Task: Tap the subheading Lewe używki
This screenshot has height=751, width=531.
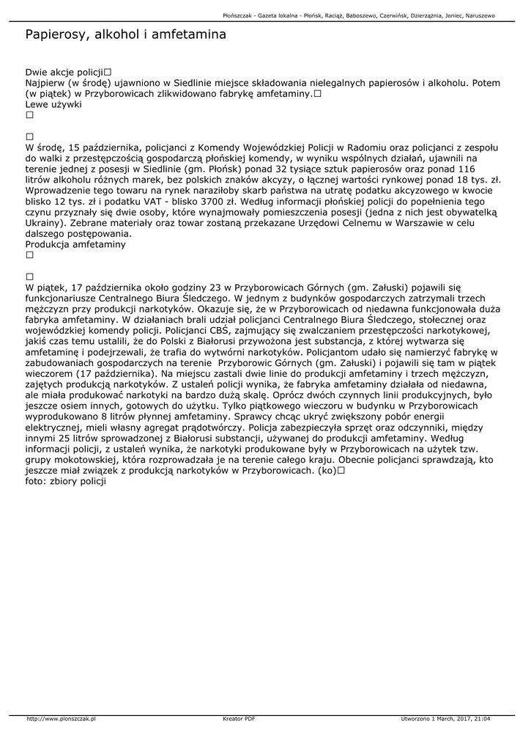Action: (x=53, y=104)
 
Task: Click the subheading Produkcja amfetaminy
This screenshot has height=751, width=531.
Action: (x=75, y=244)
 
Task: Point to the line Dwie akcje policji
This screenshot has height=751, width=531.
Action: (x=64, y=73)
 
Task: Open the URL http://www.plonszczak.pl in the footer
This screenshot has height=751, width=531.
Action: (x=62, y=719)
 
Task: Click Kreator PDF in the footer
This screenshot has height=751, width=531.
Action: (x=239, y=719)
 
